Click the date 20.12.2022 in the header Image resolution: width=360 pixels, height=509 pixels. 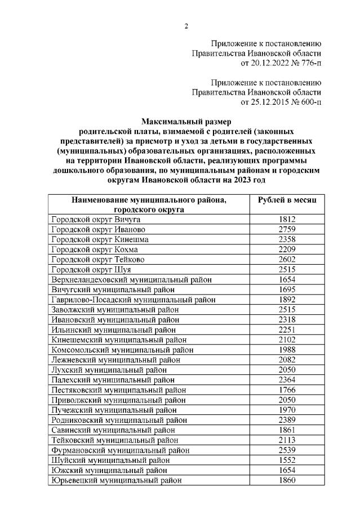(x=267, y=63)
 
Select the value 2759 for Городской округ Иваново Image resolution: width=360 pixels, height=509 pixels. (x=287, y=230)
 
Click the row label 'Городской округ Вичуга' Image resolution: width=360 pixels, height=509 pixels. (x=95, y=220)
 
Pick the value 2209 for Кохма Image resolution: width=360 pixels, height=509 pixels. (x=287, y=249)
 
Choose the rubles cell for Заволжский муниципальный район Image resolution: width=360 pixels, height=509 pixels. (x=287, y=310)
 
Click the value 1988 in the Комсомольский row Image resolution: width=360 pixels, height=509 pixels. (x=287, y=350)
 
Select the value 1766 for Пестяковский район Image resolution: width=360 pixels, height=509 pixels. (x=287, y=390)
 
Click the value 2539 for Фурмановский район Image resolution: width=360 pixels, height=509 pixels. (x=287, y=450)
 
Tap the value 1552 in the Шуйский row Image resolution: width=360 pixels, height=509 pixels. (x=287, y=460)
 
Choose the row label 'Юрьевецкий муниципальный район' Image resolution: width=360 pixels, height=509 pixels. (x=116, y=480)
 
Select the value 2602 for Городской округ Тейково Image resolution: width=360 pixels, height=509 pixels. (x=287, y=260)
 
